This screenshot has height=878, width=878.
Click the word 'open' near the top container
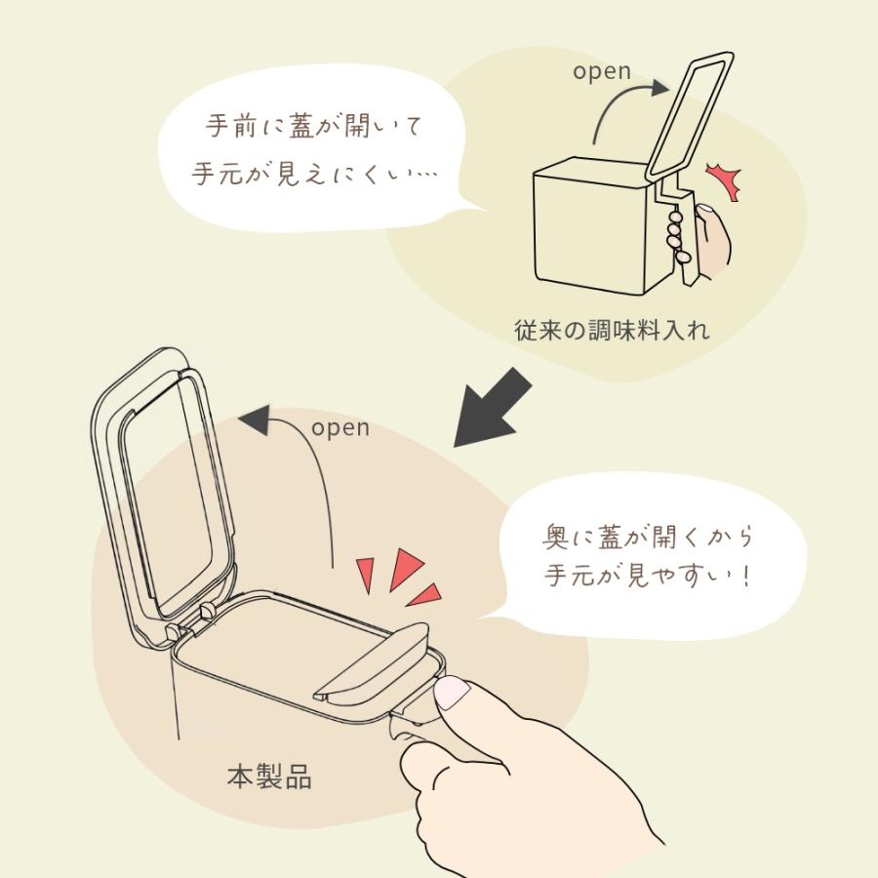(602, 72)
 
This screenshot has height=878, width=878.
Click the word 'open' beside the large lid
(340, 428)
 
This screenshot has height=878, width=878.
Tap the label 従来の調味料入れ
(612, 330)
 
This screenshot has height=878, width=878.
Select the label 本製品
(269, 778)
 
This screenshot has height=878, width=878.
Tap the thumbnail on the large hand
(453, 694)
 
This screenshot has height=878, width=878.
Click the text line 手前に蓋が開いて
(316, 127)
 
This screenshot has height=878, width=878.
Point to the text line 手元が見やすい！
(648, 576)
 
